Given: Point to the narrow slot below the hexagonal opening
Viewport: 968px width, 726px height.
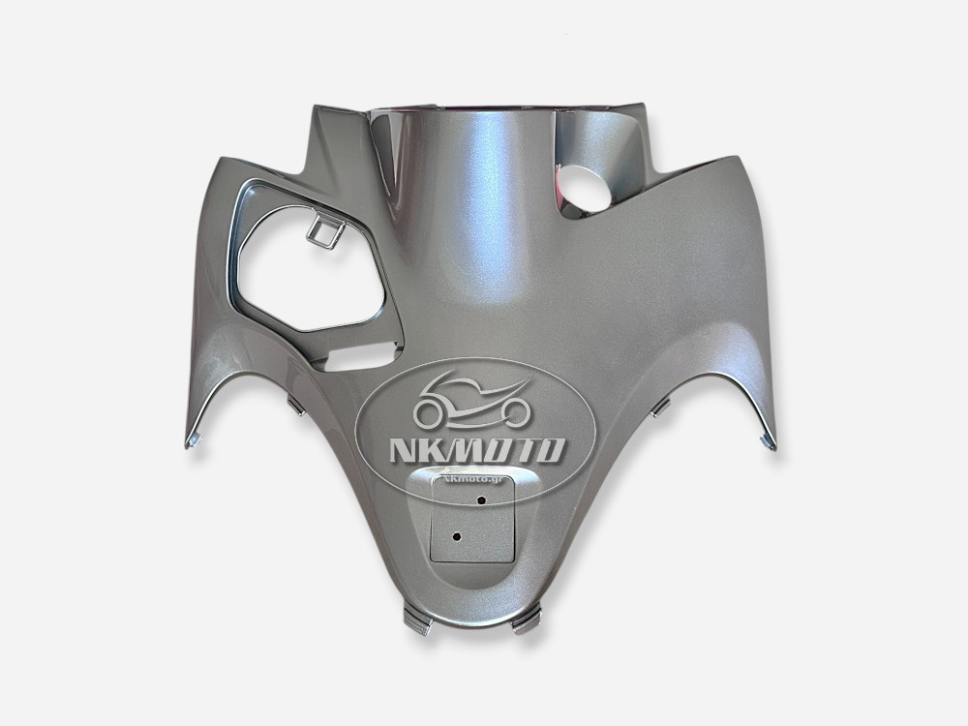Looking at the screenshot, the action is coord(357,360).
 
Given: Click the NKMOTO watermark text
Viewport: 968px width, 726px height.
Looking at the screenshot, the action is coord(476,450).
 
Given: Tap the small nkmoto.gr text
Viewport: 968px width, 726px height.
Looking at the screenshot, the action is coord(472,478).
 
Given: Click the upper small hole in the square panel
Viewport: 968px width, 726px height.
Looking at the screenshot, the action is coord(481,499).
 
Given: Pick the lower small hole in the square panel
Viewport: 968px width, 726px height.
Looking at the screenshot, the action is coord(457,536).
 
